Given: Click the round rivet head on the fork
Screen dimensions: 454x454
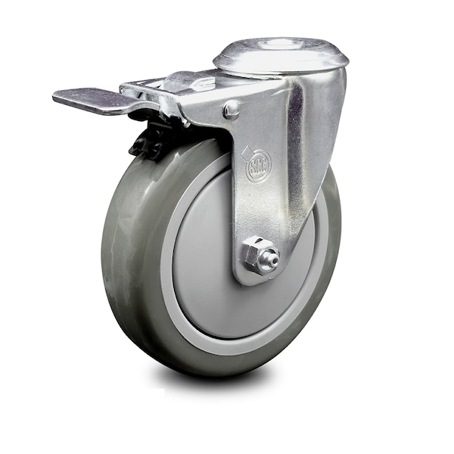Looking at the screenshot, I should point(231,110).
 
